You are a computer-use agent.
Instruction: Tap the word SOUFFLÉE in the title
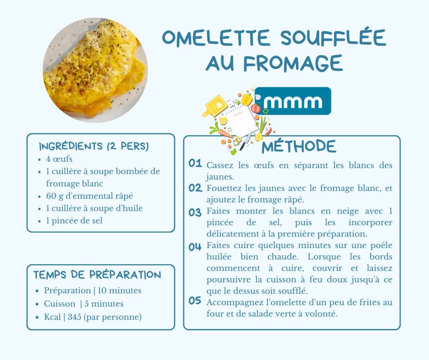pyautogui.click(x=333, y=38)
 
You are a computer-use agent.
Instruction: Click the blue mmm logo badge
pyautogui.click(x=293, y=101)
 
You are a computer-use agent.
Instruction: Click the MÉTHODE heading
pyautogui.click(x=299, y=146)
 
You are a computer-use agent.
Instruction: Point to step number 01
pyautogui.click(x=195, y=164)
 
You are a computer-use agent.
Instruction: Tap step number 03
pyautogui.click(x=195, y=212)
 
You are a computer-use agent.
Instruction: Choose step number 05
pyautogui.click(x=195, y=301)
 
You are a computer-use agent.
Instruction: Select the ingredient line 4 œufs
pyautogui.click(x=59, y=159)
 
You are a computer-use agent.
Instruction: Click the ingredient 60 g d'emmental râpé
pyautogui.click(x=89, y=196)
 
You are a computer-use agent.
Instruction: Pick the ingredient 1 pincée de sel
pyautogui.click(x=74, y=221)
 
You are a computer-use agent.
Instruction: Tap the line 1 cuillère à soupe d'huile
pyautogui.click(x=94, y=208)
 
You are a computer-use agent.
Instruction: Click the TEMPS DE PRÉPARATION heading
pyautogui.click(x=97, y=275)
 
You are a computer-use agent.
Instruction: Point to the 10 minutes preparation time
pyautogui.click(x=119, y=291)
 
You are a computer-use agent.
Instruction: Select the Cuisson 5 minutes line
pyautogui.click(x=84, y=304)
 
